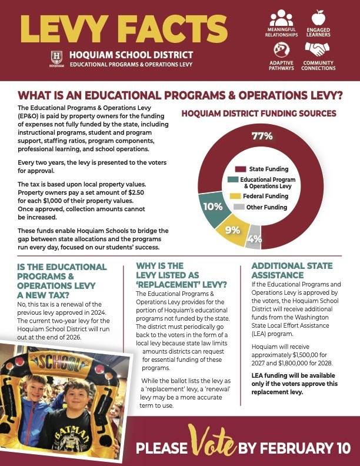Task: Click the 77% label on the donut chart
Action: point(262,137)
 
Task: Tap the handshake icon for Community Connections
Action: point(318,48)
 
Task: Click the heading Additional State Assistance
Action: point(285,271)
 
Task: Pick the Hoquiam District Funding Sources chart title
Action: point(258,112)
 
